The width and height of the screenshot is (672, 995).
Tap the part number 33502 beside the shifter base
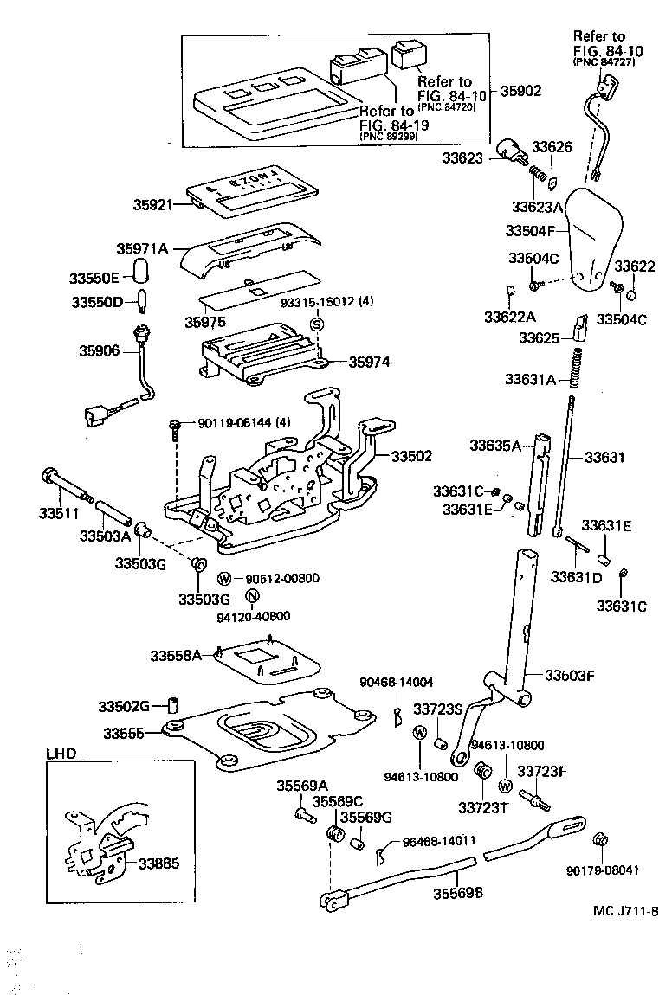pos(411,455)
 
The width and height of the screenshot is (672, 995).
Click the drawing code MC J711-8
pos(625,911)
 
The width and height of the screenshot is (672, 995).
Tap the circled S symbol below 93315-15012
pos(317,324)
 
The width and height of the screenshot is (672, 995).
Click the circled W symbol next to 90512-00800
pos(223,579)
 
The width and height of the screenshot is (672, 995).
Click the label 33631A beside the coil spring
pos(531,379)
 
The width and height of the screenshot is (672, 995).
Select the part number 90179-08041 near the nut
pos(603,870)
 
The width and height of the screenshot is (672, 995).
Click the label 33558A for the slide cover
pos(176,656)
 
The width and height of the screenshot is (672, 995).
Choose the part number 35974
pos(369,362)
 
